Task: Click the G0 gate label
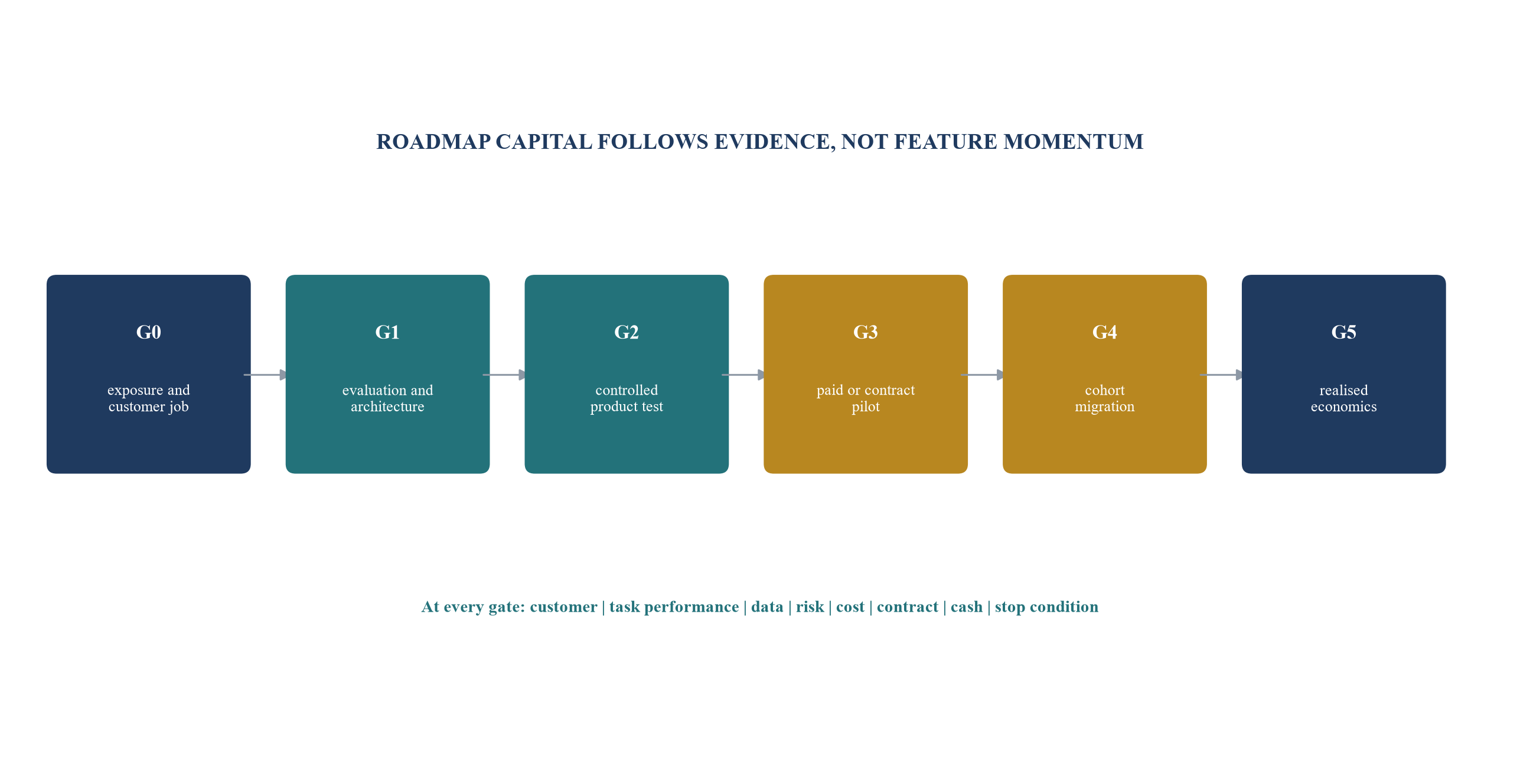149,332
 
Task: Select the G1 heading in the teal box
387,332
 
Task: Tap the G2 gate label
627,332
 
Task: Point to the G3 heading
866,332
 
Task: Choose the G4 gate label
1105,332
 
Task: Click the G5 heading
1344,332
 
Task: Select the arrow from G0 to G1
266,375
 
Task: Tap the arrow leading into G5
1222,375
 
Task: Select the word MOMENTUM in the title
1074,142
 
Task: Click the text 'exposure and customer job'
149,398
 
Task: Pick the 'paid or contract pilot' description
866,398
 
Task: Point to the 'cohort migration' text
1105,398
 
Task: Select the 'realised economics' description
1344,398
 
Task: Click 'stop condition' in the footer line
1046,607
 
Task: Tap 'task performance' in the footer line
674,607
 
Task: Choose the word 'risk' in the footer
810,607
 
